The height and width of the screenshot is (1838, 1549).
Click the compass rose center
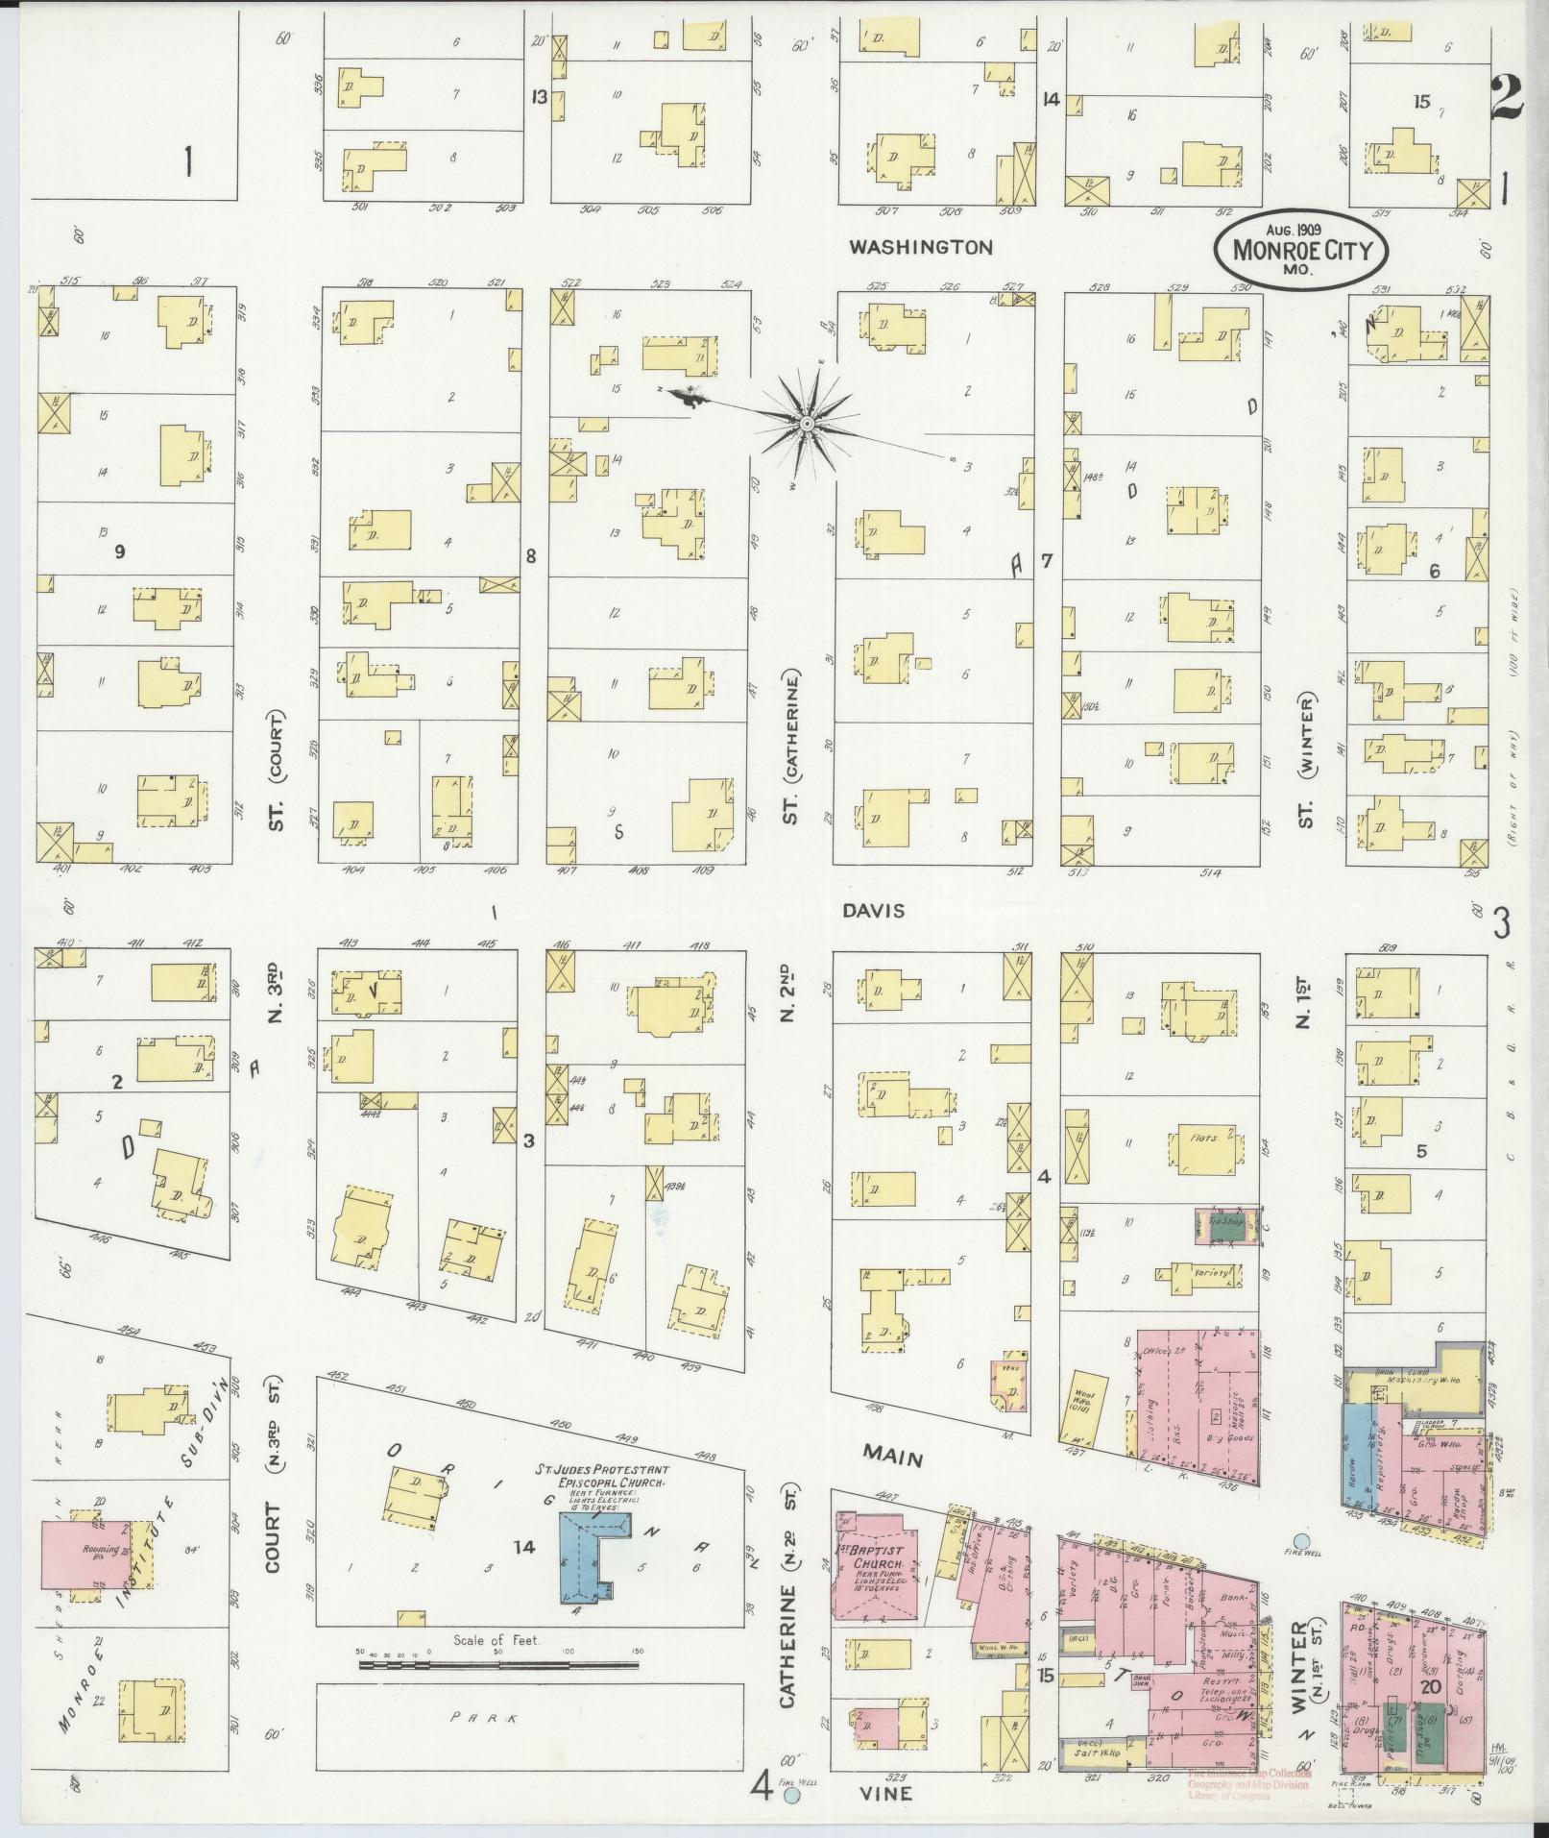tap(808, 424)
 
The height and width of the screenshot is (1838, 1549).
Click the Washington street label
tap(920, 247)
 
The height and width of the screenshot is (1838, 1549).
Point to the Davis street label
tap(875, 910)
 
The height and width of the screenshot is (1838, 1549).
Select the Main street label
tap(892, 1457)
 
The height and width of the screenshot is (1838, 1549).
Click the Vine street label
tap(885, 1793)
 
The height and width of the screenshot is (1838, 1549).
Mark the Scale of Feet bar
tap(497, 1662)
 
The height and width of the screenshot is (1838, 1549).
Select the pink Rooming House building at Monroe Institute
tap(85, 1553)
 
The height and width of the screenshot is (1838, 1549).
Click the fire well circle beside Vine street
tap(792, 1795)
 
